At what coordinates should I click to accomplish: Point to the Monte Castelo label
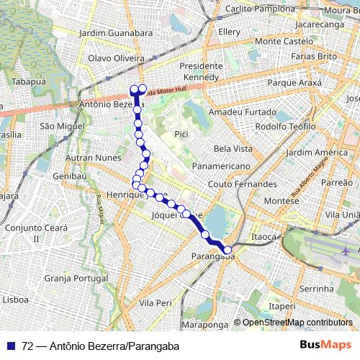pyautogui.click(x=284, y=42)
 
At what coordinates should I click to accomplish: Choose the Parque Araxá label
pyautogui.click(x=297, y=83)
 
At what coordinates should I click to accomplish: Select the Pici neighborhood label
pyautogui.click(x=181, y=134)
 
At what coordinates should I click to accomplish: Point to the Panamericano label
pyautogui.click(x=221, y=166)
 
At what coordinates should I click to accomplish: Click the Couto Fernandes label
pyautogui.click(x=242, y=184)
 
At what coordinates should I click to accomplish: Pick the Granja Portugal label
pyautogui.click(x=75, y=278)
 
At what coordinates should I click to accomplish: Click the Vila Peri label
pyautogui.click(x=157, y=303)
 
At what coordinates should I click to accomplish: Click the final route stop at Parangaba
pyautogui.click(x=229, y=250)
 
